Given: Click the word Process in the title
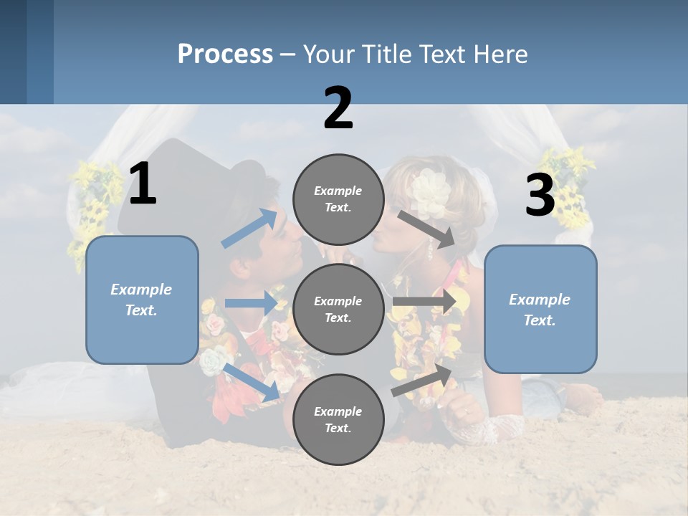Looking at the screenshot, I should point(225,54).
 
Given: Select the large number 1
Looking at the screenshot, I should point(142,183).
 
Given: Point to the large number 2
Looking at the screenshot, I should point(338,108).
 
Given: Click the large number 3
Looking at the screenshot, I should point(540,195).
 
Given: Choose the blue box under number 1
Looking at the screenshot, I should point(142,300).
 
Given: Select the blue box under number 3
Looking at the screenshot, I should point(540,310).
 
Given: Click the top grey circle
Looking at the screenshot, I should point(338,199).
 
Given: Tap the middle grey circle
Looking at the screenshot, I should point(338,309).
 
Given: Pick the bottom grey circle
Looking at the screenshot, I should point(338,419).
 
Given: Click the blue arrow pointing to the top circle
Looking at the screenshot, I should point(249,228).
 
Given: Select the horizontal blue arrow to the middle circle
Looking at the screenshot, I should point(251,303).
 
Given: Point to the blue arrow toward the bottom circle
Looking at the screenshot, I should point(252,382).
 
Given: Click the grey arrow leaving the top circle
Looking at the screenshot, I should point(427,229).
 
